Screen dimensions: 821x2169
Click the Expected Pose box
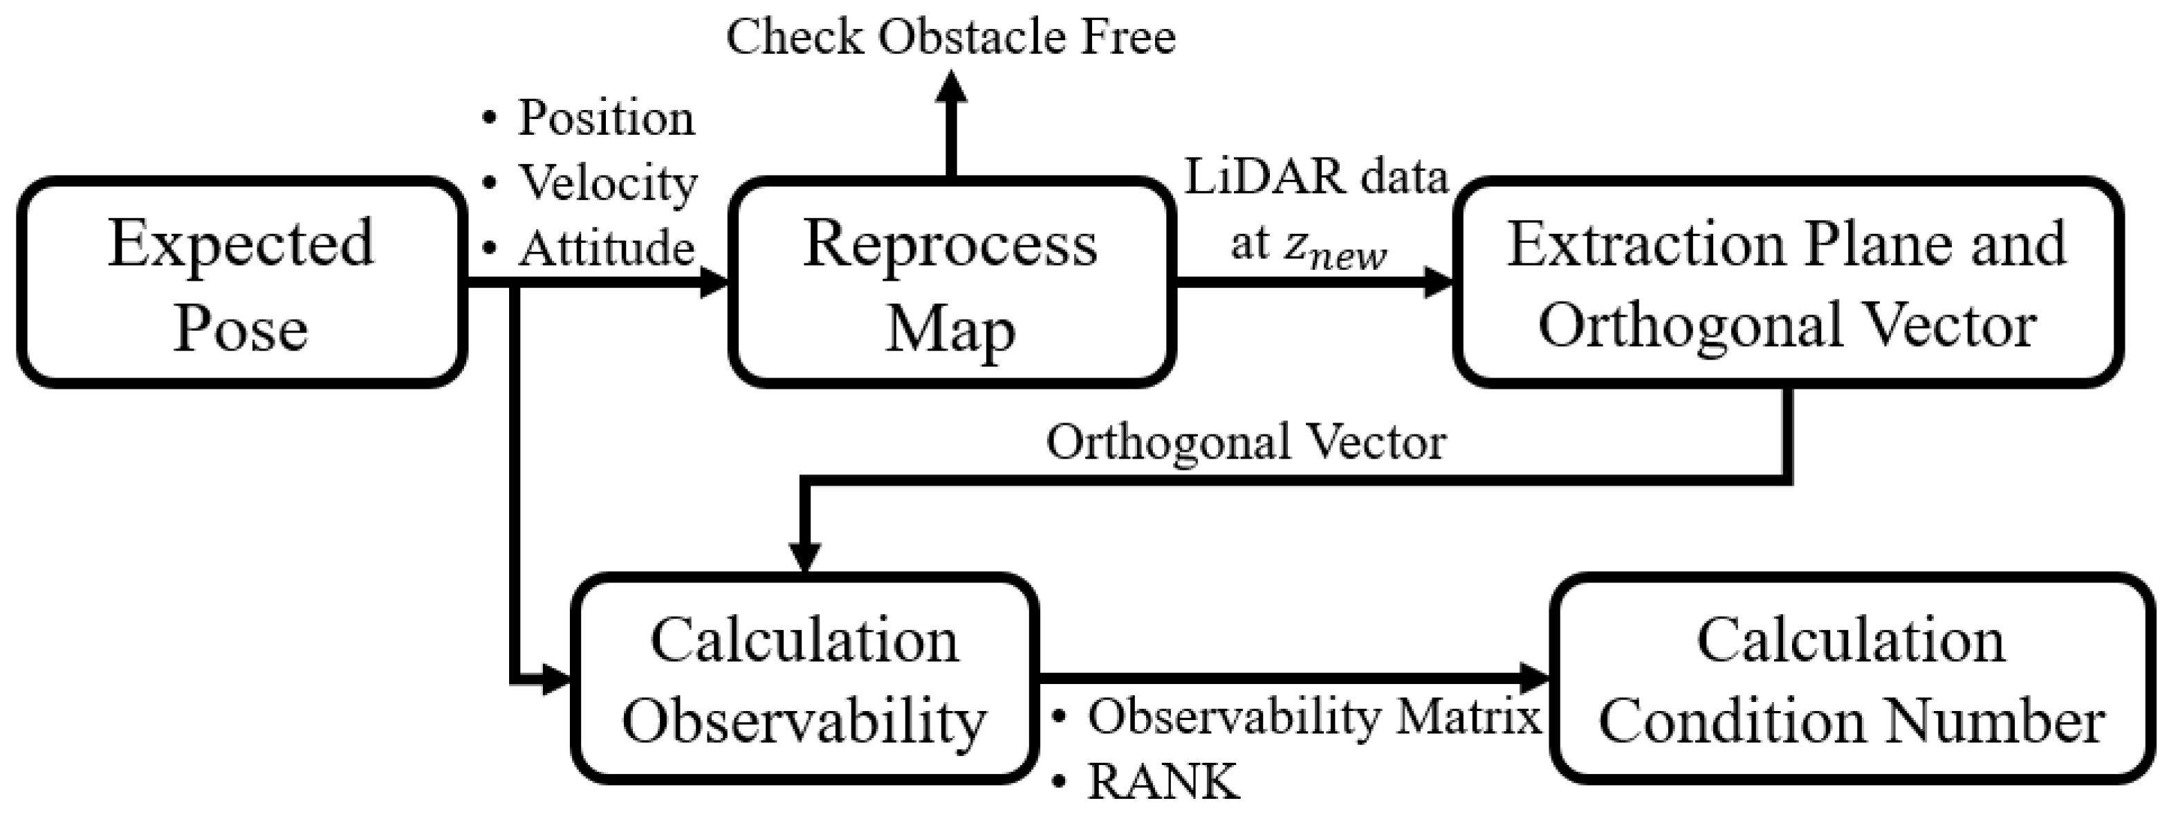coord(241,283)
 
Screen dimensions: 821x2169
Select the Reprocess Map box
coord(952,283)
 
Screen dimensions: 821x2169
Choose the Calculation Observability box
coord(804,679)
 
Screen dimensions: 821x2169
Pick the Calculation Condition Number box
coord(1851,679)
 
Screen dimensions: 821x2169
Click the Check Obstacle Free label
coord(950,37)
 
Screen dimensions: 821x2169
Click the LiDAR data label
coord(1316,178)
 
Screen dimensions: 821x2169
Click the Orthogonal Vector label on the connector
coord(1246,442)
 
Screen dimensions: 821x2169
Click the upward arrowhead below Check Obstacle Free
coord(952,88)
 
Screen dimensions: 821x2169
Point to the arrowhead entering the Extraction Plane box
coord(1437,282)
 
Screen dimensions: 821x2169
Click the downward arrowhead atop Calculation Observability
coord(804,556)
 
